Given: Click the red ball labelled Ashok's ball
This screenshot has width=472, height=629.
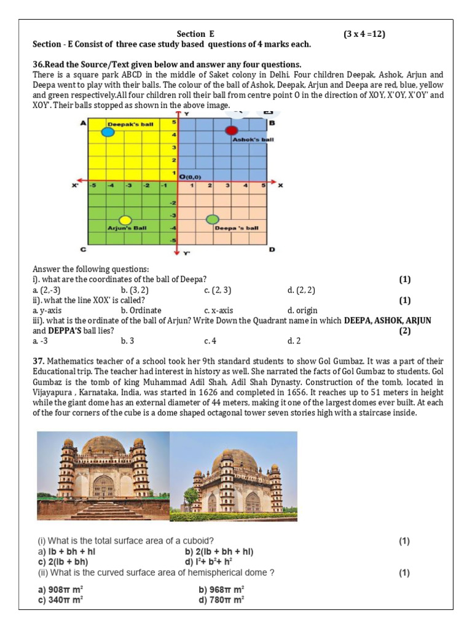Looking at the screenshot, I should (x=231, y=130).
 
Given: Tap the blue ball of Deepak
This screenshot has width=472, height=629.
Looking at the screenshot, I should (x=108, y=131).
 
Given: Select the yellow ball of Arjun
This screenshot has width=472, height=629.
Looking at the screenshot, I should (x=125, y=220).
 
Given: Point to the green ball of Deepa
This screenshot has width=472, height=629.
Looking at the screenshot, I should (x=213, y=219).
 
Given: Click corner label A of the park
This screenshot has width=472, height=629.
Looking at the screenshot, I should (x=84, y=123).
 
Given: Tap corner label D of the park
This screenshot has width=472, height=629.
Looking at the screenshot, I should (x=272, y=249).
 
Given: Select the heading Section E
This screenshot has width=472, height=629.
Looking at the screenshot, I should (x=196, y=34).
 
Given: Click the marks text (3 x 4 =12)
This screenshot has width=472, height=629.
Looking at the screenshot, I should (x=364, y=34).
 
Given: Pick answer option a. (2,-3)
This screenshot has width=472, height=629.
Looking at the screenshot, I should (x=47, y=290).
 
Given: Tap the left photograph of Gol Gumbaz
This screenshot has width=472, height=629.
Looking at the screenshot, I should (x=103, y=476).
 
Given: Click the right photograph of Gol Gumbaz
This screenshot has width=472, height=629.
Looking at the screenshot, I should (x=233, y=476).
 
